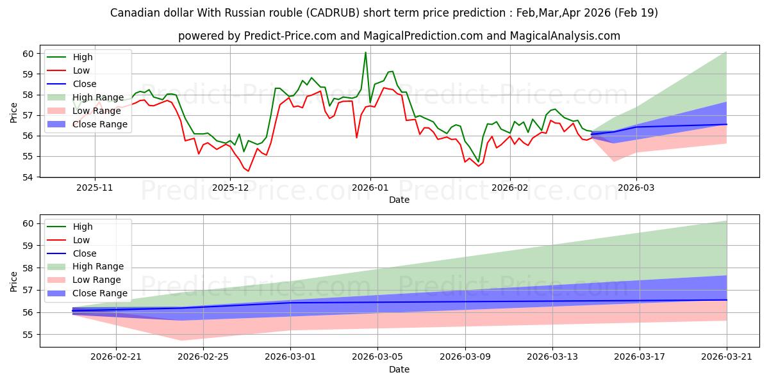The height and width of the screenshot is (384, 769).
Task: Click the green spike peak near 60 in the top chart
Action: click(366, 52)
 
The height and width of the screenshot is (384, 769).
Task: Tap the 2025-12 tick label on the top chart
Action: click(230, 188)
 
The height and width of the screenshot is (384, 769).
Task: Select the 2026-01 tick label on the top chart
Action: click(370, 188)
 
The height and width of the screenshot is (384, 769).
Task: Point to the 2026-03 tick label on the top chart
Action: click(636, 188)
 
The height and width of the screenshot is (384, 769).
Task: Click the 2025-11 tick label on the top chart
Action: click(95, 188)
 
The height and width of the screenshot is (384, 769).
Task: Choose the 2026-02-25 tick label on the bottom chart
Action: click(203, 357)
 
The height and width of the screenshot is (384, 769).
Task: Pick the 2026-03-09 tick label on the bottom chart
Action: click(465, 357)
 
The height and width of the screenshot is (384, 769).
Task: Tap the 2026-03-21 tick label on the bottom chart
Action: click(727, 357)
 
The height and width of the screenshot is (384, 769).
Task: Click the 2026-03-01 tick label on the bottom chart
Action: click(290, 357)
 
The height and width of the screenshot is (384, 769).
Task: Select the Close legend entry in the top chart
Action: click(85, 84)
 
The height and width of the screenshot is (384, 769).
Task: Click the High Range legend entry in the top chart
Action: click(98, 97)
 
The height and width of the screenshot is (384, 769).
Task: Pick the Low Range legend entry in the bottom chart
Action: click(97, 280)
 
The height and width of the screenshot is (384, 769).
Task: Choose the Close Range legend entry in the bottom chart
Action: click(100, 293)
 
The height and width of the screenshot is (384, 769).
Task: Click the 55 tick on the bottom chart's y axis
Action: click(28, 335)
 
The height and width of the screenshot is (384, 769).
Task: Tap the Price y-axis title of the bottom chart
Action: click(13, 282)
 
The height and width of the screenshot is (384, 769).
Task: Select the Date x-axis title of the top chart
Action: click(399, 200)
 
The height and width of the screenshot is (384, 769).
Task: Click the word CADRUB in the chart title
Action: click(333, 13)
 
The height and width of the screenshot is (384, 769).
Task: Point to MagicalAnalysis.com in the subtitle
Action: click(565, 36)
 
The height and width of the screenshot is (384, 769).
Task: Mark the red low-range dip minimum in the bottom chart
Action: click(181, 340)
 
